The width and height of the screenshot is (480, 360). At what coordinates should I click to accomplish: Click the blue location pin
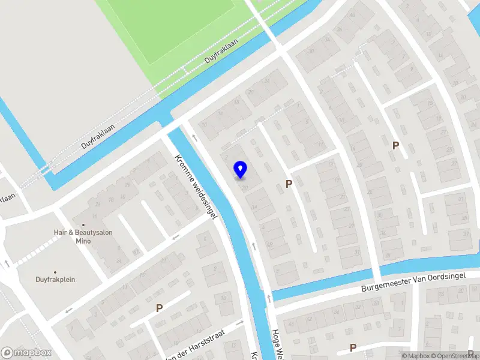pos(241,170)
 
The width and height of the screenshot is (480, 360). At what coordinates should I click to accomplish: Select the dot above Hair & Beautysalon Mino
pos(83,224)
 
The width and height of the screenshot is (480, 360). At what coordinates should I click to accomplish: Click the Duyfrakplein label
pos(55,279)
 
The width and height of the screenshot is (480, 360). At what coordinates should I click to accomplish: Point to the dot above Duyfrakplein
pos(55,271)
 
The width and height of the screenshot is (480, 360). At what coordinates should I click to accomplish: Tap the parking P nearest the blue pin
pos(289,184)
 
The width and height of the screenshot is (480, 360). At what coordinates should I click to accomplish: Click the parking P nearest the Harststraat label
pos(159,308)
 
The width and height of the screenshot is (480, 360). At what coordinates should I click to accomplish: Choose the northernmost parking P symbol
pos(395,145)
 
